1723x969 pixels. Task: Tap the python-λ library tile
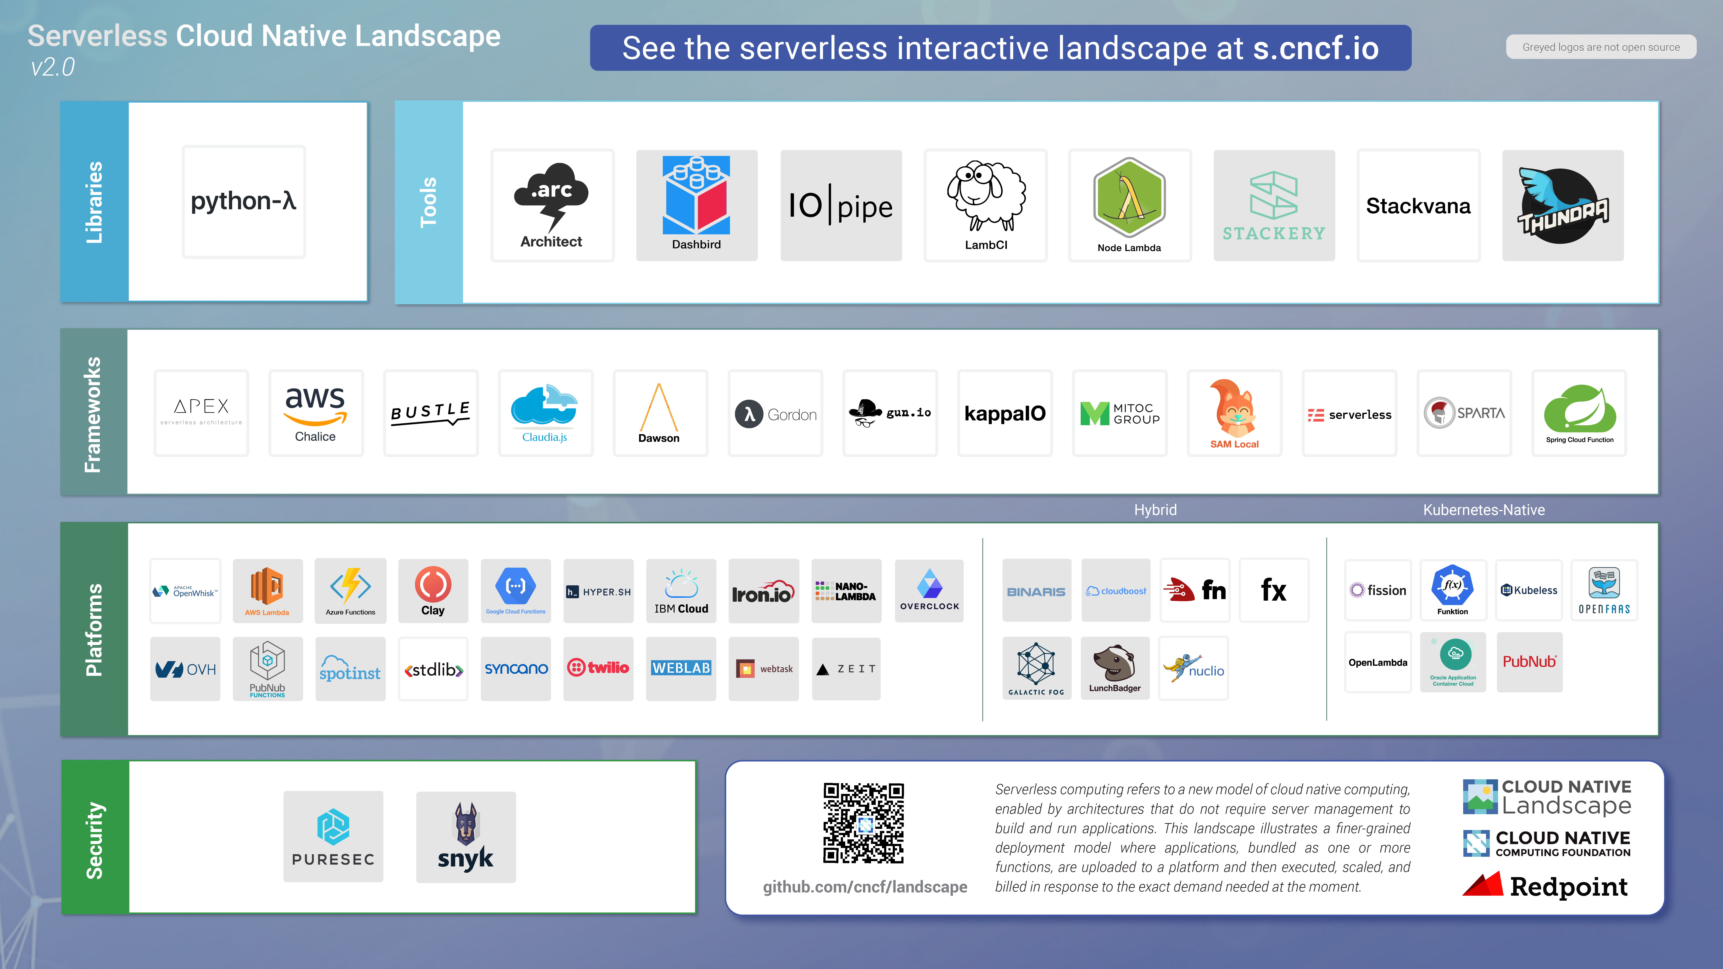(x=244, y=201)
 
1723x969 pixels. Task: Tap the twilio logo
(x=598, y=667)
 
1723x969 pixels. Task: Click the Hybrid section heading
(x=1155, y=509)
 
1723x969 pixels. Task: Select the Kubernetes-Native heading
(x=1483, y=509)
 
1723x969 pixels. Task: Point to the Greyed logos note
(x=1600, y=47)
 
